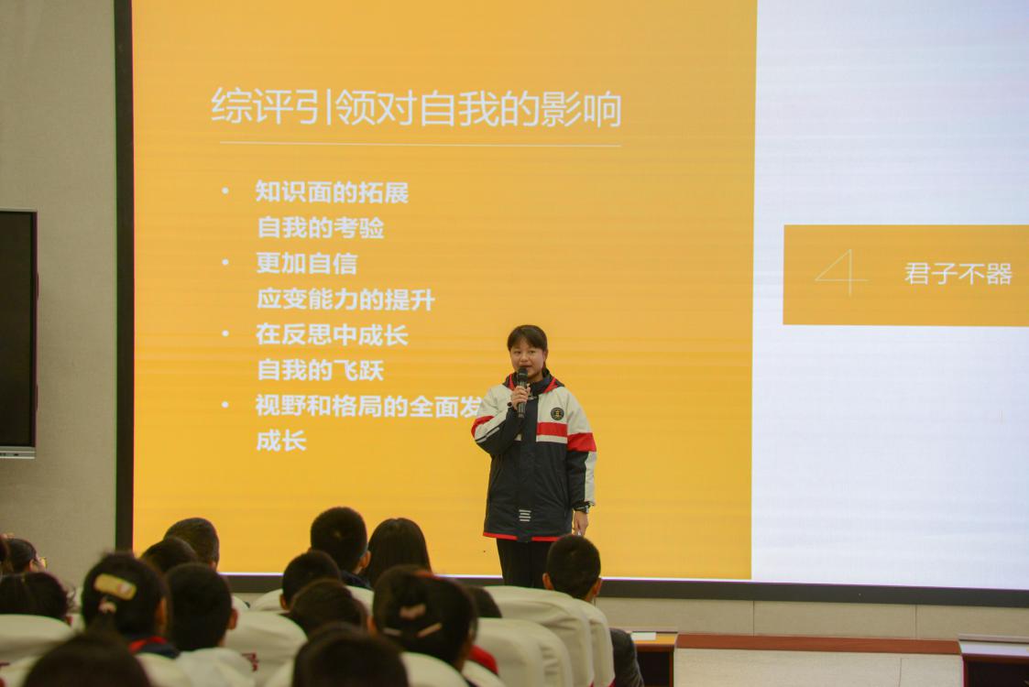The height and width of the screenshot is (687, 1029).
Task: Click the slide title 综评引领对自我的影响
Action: pos(416,108)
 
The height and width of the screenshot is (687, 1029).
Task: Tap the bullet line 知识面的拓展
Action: pos(332,192)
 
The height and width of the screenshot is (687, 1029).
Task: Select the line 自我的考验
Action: pos(320,227)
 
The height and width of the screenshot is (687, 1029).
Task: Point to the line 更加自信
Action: pos(306,264)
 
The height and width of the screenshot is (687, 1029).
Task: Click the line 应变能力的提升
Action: pos(345,300)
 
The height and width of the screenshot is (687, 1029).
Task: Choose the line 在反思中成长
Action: pos(332,335)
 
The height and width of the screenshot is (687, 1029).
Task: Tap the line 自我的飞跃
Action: pos(320,371)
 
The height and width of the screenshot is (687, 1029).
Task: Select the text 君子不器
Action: pos(958,274)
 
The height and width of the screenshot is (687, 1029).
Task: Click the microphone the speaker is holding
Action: pos(521,388)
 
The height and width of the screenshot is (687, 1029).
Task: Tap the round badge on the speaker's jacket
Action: pos(557,413)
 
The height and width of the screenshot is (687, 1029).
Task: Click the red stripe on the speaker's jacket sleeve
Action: pos(581,442)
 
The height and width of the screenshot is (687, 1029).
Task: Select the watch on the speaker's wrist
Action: pos(581,507)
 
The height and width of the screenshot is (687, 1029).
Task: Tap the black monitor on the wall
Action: pos(16,330)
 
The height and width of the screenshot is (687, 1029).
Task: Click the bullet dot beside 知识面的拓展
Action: pos(225,192)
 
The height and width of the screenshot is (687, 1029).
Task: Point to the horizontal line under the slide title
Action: pos(420,145)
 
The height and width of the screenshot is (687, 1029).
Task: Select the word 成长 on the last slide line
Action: pos(280,441)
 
